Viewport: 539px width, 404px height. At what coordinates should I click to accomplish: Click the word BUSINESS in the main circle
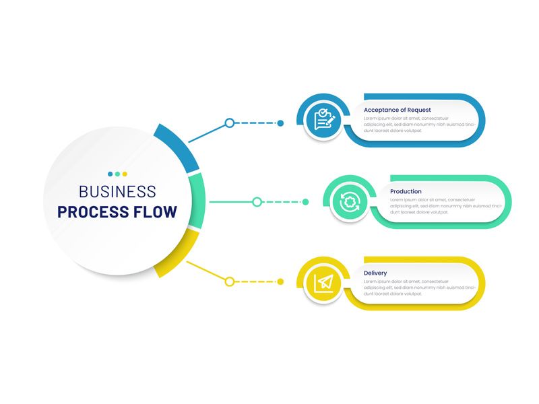[x=117, y=192]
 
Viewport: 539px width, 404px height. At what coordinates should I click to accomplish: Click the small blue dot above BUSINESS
[x=110, y=174]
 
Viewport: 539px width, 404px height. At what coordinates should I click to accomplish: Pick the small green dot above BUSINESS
[x=117, y=174]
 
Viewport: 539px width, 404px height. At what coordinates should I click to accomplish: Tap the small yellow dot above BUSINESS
[x=125, y=174]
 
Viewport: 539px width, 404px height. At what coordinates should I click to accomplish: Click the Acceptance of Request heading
[x=397, y=110]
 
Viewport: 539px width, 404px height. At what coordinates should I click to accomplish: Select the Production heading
[x=406, y=191]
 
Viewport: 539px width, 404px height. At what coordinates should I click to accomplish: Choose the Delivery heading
[x=375, y=273]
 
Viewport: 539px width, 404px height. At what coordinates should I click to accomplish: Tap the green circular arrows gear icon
[x=350, y=201]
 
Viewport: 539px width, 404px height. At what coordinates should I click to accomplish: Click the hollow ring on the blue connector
[x=230, y=123]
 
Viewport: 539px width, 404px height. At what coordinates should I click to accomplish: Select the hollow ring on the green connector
[x=257, y=202]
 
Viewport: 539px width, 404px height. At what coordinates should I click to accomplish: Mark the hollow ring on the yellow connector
[x=230, y=281]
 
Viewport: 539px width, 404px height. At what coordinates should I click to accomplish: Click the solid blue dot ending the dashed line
[x=280, y=123]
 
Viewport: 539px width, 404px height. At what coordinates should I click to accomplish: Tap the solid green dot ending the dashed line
[x=305, y=202]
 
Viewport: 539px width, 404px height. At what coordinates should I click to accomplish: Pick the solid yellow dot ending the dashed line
[x=280, y=281]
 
